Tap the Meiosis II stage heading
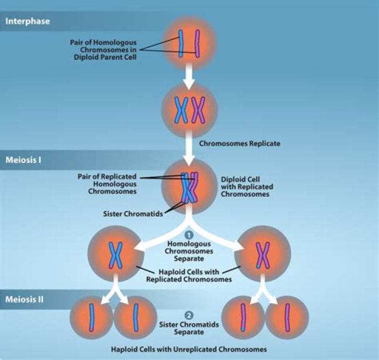(25, 299)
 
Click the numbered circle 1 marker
(189, 235)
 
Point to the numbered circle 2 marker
(189, 316)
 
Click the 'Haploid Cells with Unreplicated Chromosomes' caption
(189, 349)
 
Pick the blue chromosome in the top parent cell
(181, 43)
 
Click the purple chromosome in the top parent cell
(197, 43)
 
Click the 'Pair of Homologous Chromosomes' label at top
(103, 49)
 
